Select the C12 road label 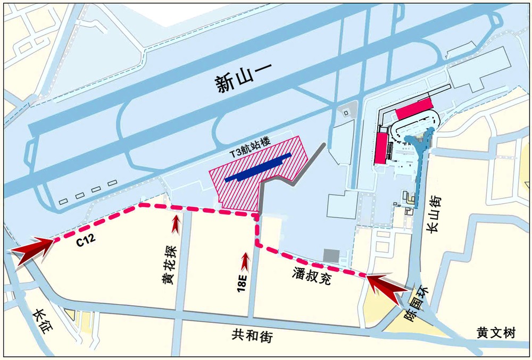point(86,240)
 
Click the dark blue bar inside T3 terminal point(258,168)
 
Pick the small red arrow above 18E point(245,260)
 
